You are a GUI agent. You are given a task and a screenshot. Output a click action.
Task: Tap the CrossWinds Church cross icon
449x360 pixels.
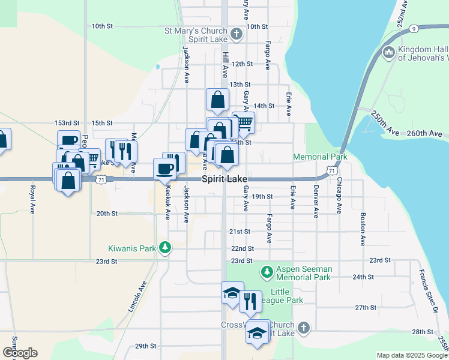tap(304, 328)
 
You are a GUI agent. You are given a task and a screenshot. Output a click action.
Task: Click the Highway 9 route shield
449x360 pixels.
tap(414, 29)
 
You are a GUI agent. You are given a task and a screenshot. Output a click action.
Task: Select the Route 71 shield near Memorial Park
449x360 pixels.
tap(332, 171)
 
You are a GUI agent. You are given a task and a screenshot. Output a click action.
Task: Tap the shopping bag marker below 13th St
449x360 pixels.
tap(217, 100)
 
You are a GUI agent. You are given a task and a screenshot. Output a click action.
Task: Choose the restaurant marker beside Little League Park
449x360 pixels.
tap(250, 301)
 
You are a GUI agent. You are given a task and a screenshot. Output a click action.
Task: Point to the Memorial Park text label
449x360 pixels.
tap(320, 157)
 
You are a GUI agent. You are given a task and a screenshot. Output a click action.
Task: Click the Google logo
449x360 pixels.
tap(20, 352)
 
